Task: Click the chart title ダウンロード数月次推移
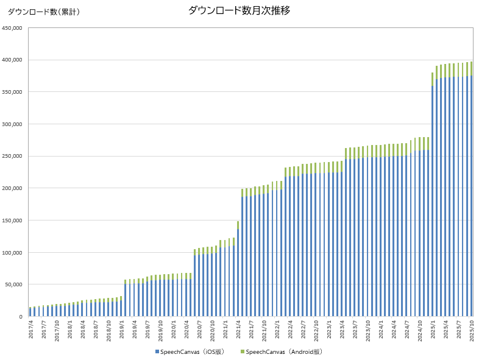coord(239,10)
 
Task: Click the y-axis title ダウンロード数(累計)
coord(43,12)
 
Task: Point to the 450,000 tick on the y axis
coord(12,28)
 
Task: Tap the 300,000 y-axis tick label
coord(12,124)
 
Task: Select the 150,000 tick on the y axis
coord(12,221)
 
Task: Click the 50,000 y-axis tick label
coord(14,284)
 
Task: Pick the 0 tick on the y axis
coord(20,317)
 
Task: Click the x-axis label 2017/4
coord(30,331)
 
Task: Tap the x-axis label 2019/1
coord(121,331)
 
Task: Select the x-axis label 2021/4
coord(238,331)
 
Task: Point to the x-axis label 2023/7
coord(355,331)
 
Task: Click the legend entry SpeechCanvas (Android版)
coord(284,351)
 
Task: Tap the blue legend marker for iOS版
coord(157,351)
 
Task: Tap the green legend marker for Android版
coord(243,351)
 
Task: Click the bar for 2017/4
coord(30,312)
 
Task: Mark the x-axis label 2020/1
coord(173,331)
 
